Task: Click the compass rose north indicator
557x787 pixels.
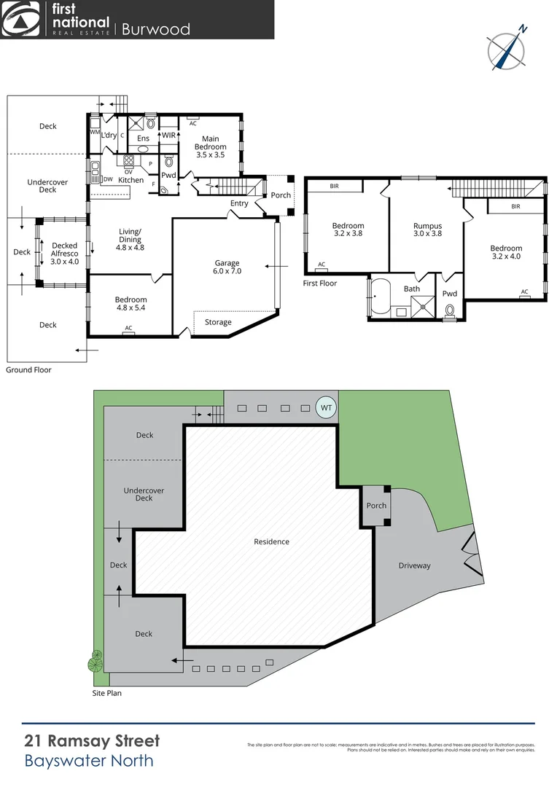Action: point(506,50)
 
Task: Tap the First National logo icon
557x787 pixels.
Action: point(21,20)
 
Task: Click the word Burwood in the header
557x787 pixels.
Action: point(155,29)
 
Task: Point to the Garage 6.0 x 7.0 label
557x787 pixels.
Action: point(227,267)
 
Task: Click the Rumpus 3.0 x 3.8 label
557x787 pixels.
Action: point(428,230)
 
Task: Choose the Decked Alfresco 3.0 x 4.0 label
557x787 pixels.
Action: point(64,250)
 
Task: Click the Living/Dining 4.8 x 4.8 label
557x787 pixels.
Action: point(131,239)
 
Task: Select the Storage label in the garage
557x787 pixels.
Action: point(218,322)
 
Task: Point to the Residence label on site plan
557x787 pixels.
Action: point(271,541)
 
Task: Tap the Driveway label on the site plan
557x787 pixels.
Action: point(414,565)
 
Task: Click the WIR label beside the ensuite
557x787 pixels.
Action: point(168,136)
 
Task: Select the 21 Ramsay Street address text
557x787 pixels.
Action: point(92,742)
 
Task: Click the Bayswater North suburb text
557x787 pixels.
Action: point(89,761)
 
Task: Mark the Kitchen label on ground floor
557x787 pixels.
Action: point(131,180)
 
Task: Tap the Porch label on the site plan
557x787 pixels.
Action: point(376,506)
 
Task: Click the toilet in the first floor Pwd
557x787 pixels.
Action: point(450,310)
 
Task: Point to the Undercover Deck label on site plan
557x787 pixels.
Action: point(144,494)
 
